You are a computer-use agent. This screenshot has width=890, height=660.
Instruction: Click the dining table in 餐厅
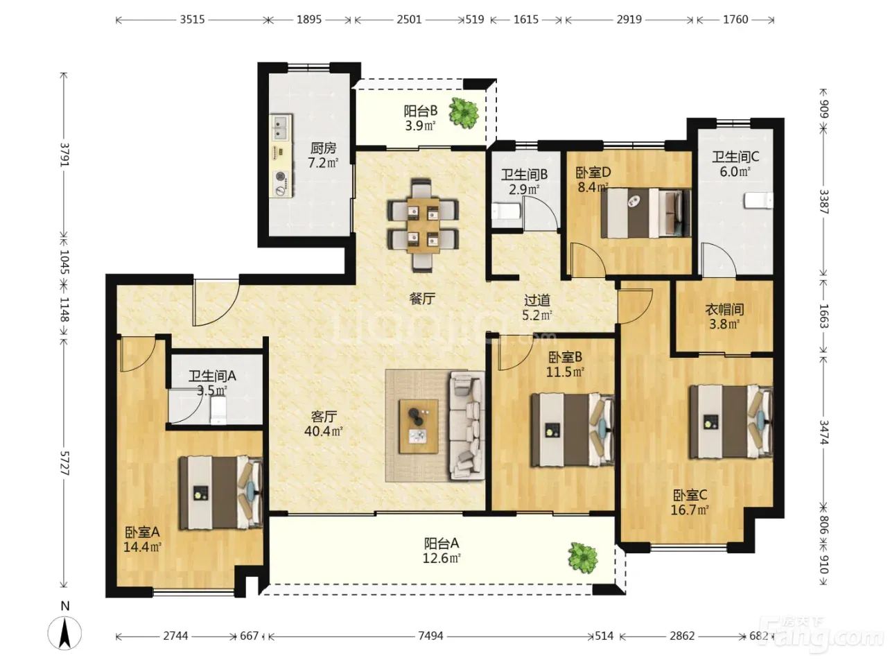pyautogui.click(x=423, y=225)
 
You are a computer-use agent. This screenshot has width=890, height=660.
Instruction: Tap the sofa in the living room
pyautogui.click(x=466, y=426)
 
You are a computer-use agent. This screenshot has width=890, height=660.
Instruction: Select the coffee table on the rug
pyautogui.click(x=419, y=426)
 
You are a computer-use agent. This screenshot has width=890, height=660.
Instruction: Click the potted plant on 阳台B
pyautogui.click(x=464, y=113)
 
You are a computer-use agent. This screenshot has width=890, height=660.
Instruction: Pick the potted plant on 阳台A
pyautogui.click(x=583, y=558)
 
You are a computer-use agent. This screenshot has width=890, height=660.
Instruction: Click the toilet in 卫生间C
pyautogui.click(x=758, y=200)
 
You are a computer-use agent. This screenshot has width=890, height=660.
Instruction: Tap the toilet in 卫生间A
pyautogui.click(x=219, y=410)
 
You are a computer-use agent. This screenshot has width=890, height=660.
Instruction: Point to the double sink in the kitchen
pyautogui.click(x=281, y=127)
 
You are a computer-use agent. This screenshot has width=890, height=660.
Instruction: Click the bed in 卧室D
pyautogui.click(x=645, y=213)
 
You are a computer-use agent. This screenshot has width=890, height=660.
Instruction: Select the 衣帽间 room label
pyautogui.click(x=724, y=309)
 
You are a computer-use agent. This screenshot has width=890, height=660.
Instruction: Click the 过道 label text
pyautogui.click(x=537, y=300)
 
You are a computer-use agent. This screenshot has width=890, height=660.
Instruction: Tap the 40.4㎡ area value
pyautogui.click(x=324, y=432)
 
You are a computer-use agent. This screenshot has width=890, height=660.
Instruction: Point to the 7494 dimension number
pyautogui.click(x=430, y=636)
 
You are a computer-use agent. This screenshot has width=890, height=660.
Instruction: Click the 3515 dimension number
pyautogui.click(x=192, y=19)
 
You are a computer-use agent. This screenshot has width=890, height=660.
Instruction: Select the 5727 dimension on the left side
pyautogui.click(x=64, y=463)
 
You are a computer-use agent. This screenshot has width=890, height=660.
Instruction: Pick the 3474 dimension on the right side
pyautogui.click(x=823, y=433)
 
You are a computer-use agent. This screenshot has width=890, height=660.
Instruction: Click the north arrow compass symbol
pyautogui.click(x=64, y=632)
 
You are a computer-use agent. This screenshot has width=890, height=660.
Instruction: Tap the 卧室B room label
pyautogui.click(x=565, y=357)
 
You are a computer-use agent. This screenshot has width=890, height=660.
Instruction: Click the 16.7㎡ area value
pyautogui.click(x=690, y=510)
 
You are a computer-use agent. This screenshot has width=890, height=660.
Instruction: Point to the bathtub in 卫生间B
pyautogui.click(x=507, y=211)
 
